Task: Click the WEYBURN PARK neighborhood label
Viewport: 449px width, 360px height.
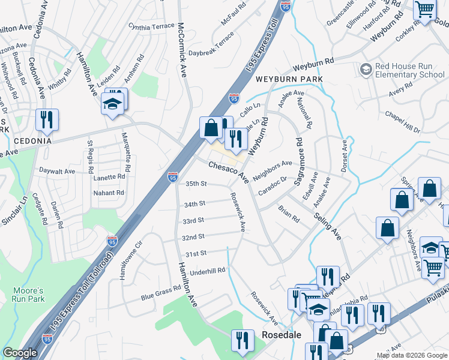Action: coord(289,79)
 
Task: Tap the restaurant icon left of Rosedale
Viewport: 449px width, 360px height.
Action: coord(243,340)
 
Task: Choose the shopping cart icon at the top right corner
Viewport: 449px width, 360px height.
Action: coord(425,10)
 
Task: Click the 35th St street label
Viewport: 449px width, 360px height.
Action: coord(196,184)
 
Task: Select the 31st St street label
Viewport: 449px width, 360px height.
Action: coord(196,254)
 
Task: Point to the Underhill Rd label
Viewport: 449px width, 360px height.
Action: coord(207,272)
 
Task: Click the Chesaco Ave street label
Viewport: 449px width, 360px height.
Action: coord(228,171)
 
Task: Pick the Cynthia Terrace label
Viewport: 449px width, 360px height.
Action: coord(151,27)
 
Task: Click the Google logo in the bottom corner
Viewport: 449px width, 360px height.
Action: coord(20,353)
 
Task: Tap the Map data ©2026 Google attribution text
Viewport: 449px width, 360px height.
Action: coord(412,355)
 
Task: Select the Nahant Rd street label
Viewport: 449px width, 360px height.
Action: coord(108,193)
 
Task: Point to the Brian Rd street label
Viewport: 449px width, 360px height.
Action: coord(288,214)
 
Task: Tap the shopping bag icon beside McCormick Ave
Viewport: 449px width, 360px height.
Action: coord(211,127)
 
